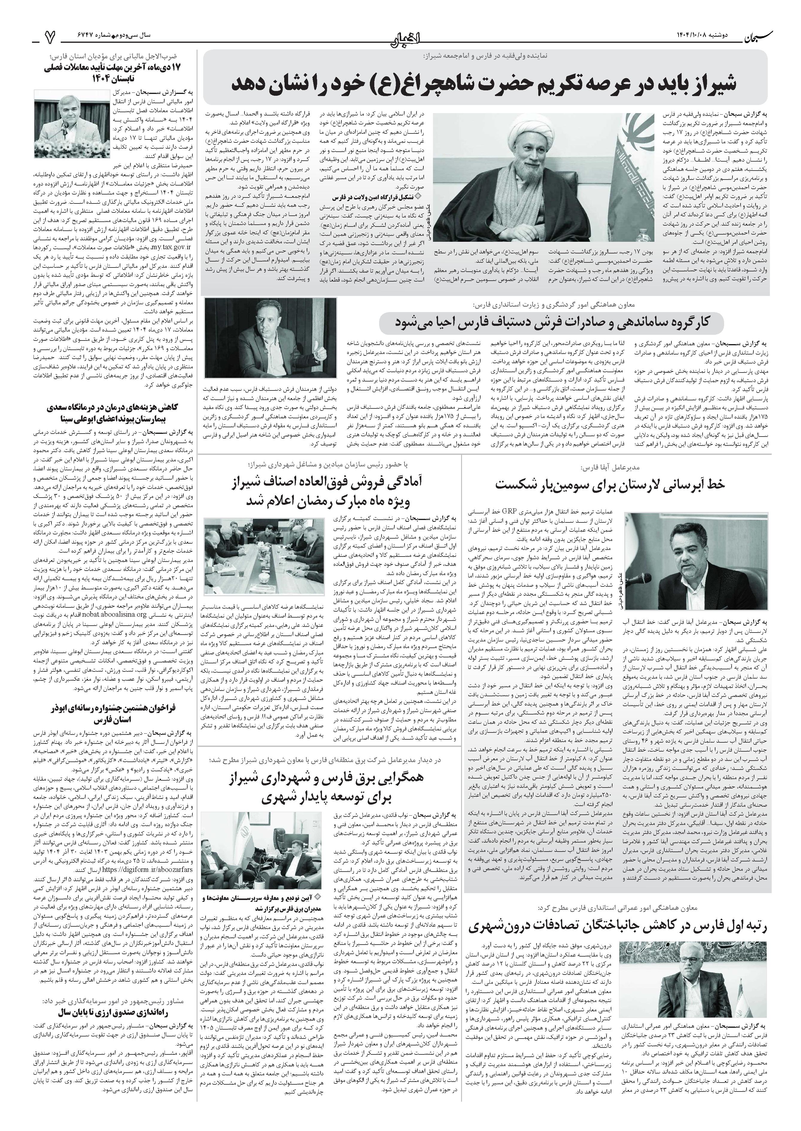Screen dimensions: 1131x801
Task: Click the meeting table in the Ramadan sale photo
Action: coord(262,567)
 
